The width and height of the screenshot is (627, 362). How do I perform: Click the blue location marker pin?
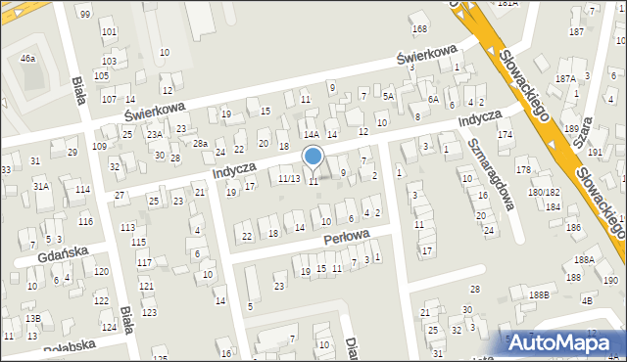[313, 157]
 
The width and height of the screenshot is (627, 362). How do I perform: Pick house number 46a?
[27, 59]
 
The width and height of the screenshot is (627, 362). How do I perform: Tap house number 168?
[419, 29]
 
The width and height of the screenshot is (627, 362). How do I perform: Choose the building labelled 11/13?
[289, 179]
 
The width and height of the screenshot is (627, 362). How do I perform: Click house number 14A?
[312, 135]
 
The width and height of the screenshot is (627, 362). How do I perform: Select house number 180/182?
[544, 192]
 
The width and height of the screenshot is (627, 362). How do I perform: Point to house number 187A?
[565, 77]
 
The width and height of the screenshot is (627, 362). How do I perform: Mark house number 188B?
[539, 294]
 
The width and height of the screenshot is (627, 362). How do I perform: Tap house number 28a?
[200, 144]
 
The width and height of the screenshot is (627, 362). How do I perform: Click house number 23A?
[155, 134]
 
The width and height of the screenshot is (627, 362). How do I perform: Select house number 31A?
[41, 185]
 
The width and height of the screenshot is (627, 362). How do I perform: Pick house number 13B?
[33, 319]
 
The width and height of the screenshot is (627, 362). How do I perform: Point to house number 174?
[505, 134]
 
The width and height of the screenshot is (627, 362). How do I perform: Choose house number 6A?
[433, 99]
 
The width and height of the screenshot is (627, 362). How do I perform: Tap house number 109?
[99, 146]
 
